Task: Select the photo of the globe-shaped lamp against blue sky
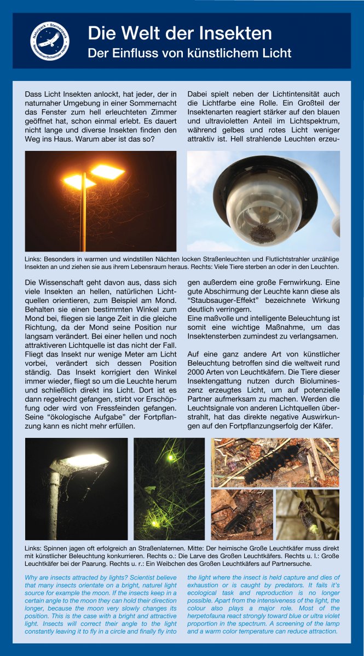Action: [263, 201]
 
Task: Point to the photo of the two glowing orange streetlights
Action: [101, 201]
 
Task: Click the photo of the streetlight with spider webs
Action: [76, 488]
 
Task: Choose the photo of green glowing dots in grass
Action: [169, 488]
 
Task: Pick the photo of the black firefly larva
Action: [275, 462]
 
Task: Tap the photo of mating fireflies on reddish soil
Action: [241, 514]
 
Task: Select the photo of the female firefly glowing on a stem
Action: [307, 514]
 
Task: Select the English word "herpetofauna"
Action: [211, 616]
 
